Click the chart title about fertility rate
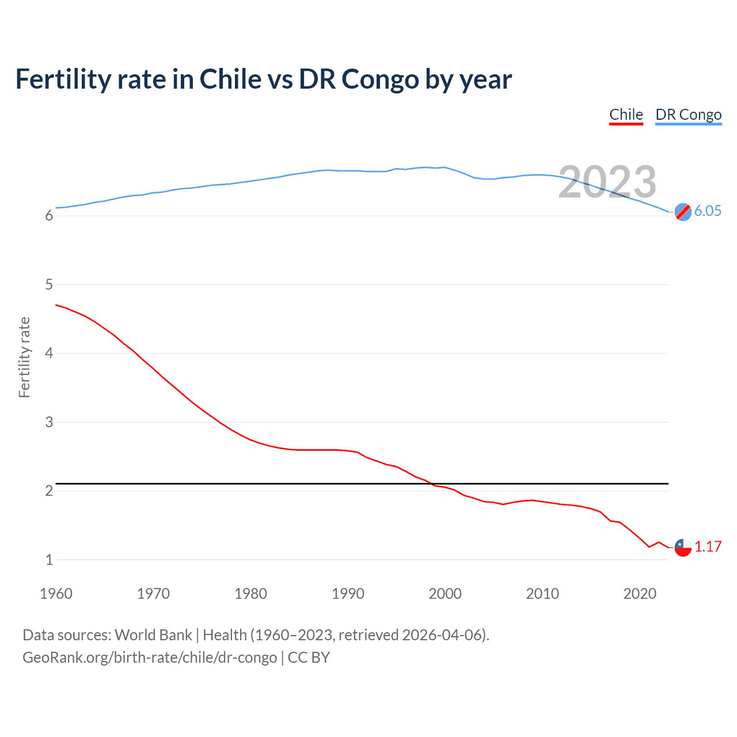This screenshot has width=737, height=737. point(263,79)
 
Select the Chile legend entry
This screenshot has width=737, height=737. point(626,115)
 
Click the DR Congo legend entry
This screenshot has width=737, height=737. point(688,115)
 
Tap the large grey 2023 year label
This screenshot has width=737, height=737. point(607,182)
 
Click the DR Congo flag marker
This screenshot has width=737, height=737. point(683,212)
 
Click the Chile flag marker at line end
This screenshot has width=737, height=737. point(683,547)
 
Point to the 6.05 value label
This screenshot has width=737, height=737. point(708,211)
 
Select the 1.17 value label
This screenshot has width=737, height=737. point(708,546)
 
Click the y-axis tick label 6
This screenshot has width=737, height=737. point(49,216)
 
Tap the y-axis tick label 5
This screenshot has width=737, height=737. point(49,284)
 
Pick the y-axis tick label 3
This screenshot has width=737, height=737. point(49,422)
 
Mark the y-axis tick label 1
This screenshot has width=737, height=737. point(49,560)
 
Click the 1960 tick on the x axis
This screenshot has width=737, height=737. point(56,594)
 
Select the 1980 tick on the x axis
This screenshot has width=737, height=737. point(250,594)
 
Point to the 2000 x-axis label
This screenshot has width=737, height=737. point(445,594)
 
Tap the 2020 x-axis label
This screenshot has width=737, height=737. point(640,594)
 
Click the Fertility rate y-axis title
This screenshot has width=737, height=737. point(24,357)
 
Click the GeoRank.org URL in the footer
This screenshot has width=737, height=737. point(150,658)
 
